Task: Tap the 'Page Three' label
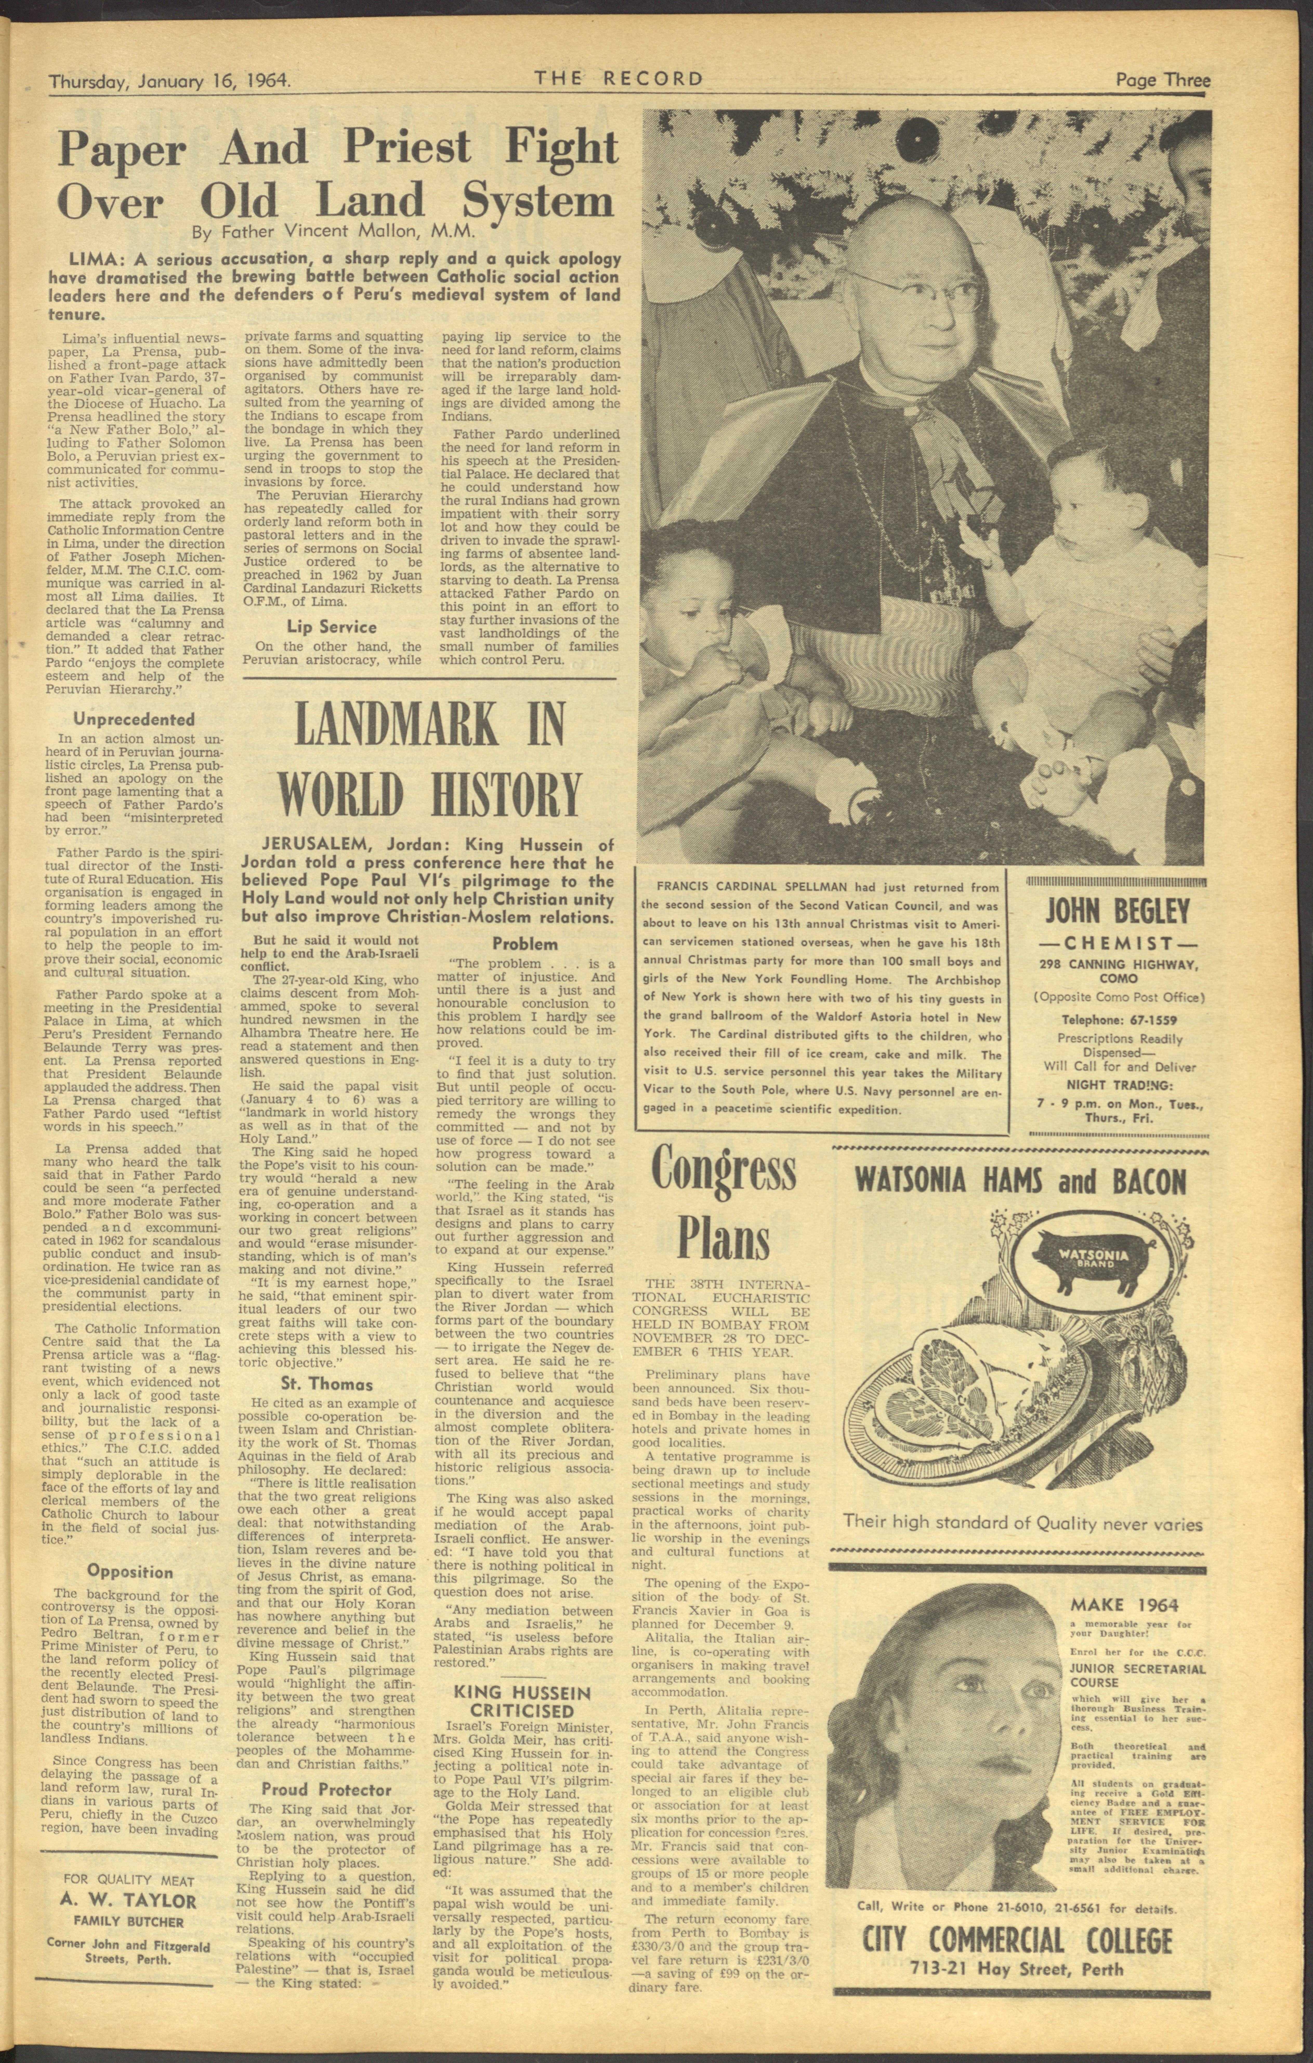coord(1162,81)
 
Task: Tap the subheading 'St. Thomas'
coord(327,1384)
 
